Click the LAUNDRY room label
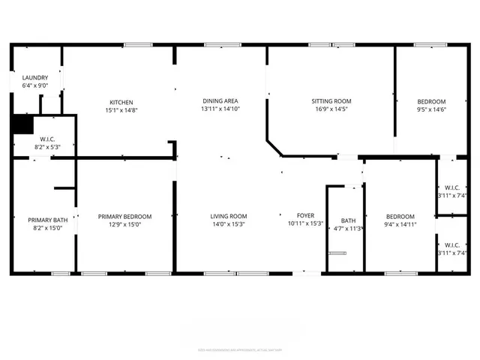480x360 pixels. (x=35, y=78)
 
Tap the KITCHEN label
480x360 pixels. (x=121, y=102)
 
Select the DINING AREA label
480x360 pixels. (x=220, y=100)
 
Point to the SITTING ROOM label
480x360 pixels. (x=331, y=101)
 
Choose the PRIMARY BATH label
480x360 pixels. (x=43, y=220)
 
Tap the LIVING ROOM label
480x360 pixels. (x=229, y=216)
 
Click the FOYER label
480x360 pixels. (x=307, y=216)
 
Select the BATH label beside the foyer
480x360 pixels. (x=348, y=220)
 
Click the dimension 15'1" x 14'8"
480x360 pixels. (x=121, y=110)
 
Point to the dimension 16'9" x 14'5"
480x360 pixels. (x=331, y=109)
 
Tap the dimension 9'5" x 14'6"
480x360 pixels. (x=431, y=109)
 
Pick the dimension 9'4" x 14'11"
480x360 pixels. (x=400, y=223)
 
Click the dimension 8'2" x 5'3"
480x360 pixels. (x=46, y=147)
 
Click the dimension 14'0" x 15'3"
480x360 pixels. (x=229, y=223)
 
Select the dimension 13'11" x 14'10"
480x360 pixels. (x=220, y=109)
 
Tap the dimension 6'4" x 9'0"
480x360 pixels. (x=35, y=85)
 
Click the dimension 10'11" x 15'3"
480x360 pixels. (x=307, y=223)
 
